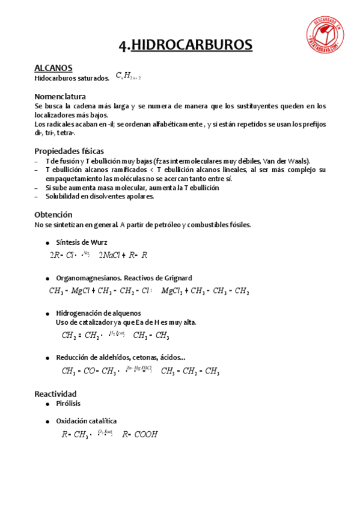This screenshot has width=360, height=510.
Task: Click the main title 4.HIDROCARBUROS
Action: tap(185, 45)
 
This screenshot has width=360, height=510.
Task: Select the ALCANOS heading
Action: tap(53, 68)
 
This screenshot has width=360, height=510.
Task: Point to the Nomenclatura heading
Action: tap(60, 96)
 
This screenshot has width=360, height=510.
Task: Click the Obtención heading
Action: tap(53, 215)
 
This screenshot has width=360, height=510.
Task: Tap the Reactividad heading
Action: tap(56, 393)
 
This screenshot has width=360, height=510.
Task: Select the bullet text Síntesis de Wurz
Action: tap(82, 242)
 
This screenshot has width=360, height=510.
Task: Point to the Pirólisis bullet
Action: tap(68, 404)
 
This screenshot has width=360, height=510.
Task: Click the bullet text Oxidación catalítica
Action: tap(87, 421)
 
